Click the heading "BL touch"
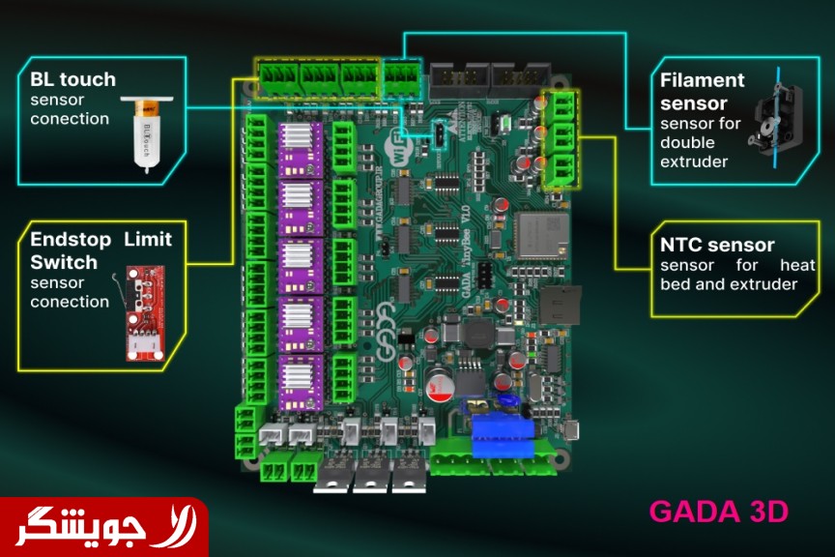pos(72,80)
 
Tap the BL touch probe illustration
pos(148,132)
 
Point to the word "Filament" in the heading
pos(703,80)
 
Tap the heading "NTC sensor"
pos(717,246)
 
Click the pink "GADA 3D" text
pos(718,512)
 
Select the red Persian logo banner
pos(103,527)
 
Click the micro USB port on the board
pos(572,429)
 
